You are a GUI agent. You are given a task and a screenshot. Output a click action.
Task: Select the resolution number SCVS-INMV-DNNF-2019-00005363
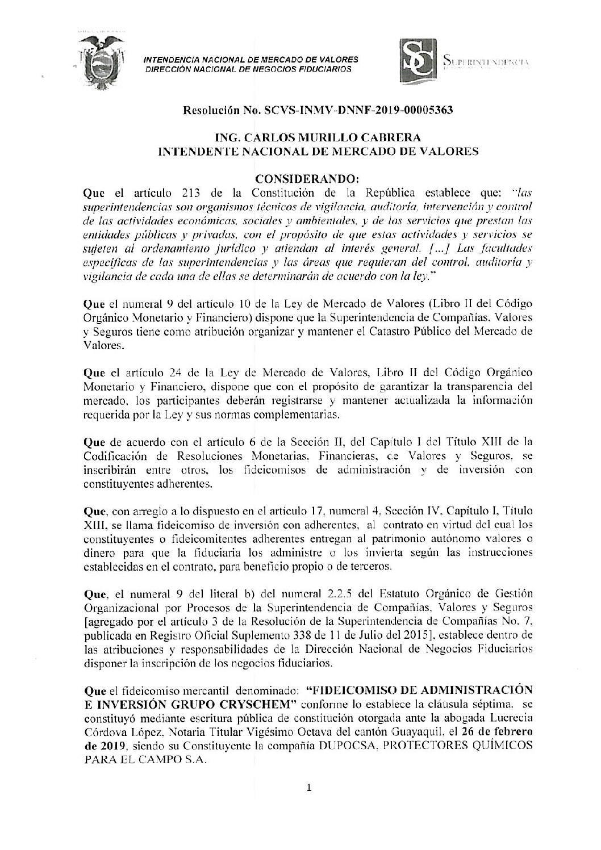(358, 111)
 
